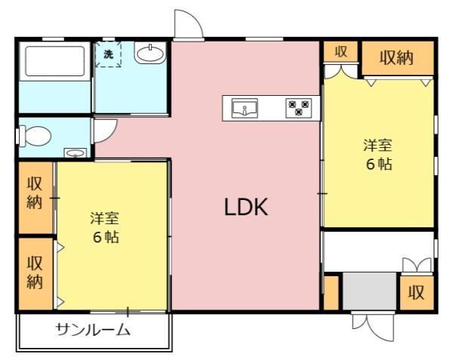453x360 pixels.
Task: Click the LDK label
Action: [x=246, y=208]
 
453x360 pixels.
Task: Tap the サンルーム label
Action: [x=94, y=329]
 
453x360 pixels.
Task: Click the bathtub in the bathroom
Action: [x=55, y=60]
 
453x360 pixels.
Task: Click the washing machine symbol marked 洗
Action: [x=108, y=54]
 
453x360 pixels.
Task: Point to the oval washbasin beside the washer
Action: [x=150, y=54]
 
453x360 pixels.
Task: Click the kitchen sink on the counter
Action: [x=245, y=108]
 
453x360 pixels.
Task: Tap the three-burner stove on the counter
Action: [x=299, y=108]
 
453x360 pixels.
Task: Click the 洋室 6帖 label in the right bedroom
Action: [x=378, y=155]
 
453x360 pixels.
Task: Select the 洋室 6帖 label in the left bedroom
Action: [x=105, y=227]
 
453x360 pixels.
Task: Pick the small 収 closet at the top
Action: [x=341, y=51]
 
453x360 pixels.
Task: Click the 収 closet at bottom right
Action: [x=417, y=293]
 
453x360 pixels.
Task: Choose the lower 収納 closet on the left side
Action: [x=35, y=274]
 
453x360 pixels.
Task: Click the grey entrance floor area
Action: [x=369, y=291]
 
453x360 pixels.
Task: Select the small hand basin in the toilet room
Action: [x=75, y=153]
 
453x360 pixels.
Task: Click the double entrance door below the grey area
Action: [x=373, y=325]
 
